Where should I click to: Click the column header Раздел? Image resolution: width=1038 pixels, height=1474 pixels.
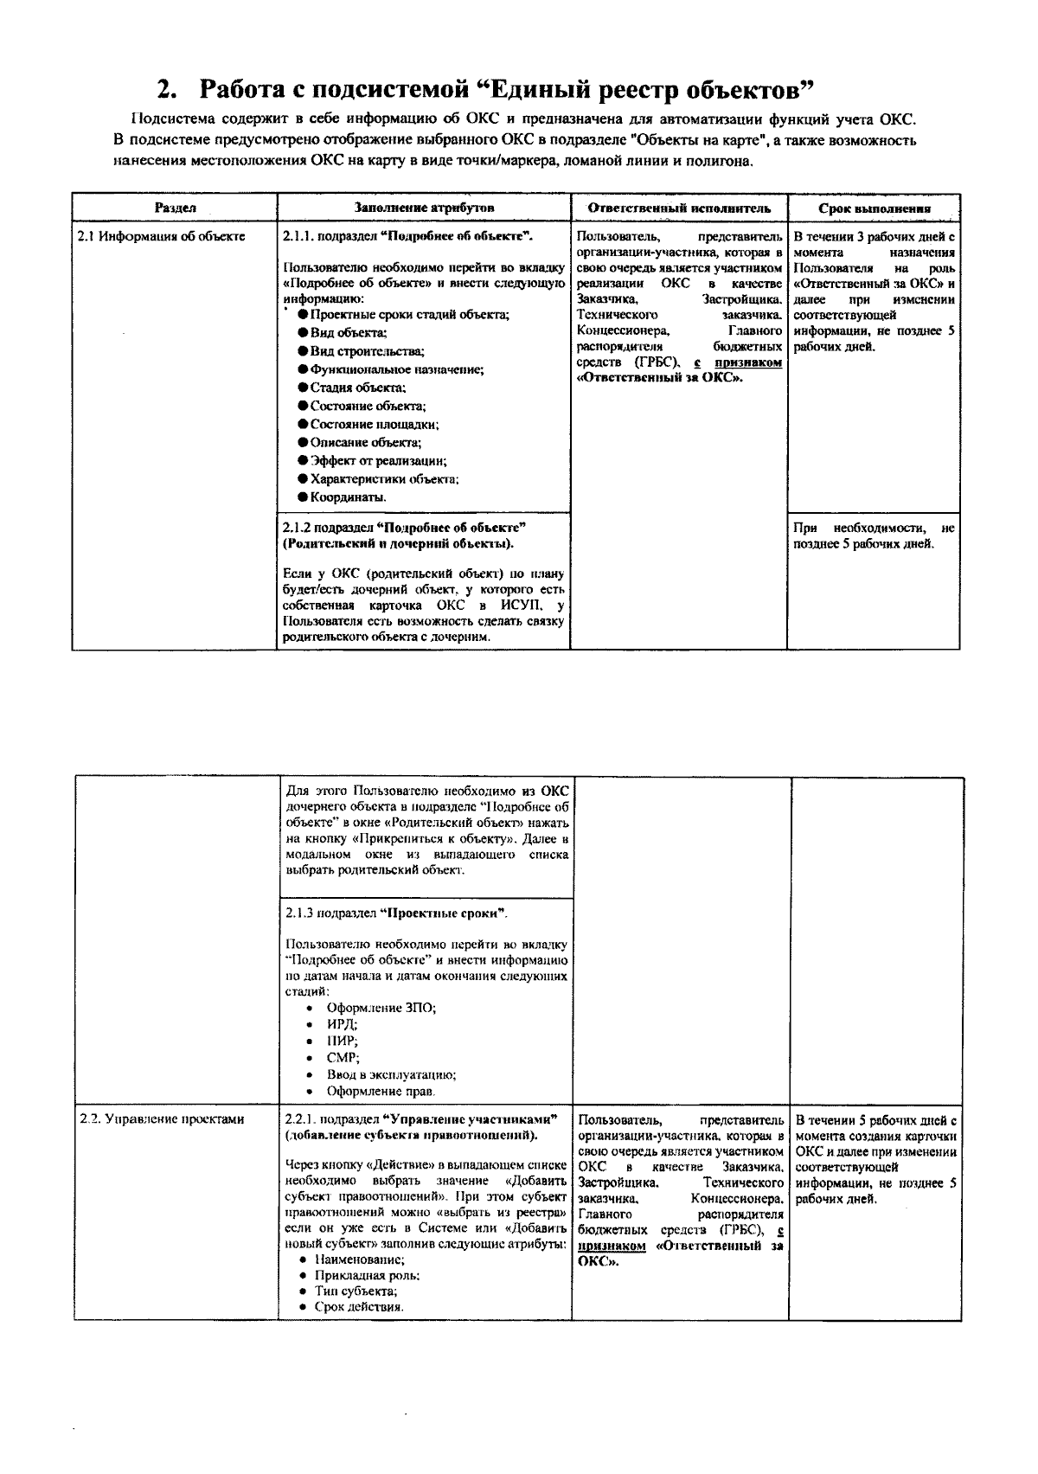[175, 208]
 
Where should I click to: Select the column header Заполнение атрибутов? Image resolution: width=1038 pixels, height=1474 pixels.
[424, 208]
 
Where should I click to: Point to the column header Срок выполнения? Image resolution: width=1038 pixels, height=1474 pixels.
[875, 208]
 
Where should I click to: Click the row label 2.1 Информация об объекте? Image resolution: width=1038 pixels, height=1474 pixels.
[161, 236]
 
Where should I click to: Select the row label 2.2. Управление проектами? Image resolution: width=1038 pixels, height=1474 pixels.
[162, 1118]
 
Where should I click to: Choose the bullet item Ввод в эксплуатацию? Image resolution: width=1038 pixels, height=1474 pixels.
[391, 1074]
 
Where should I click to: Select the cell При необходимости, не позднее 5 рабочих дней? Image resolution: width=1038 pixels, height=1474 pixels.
[874, 536]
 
